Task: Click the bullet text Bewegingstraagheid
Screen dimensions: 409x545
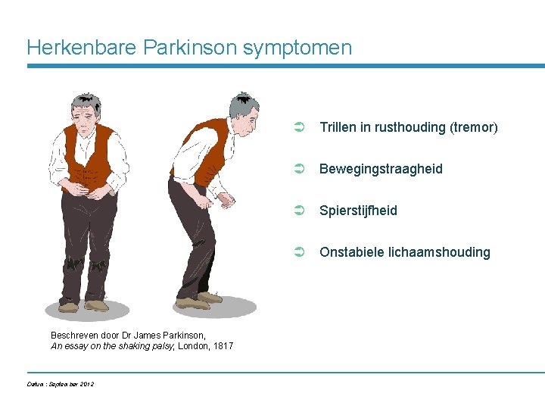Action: pos(381,169)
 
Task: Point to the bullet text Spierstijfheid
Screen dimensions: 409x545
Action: pos(358,211)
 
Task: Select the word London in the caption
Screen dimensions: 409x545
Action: pos(191,346)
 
